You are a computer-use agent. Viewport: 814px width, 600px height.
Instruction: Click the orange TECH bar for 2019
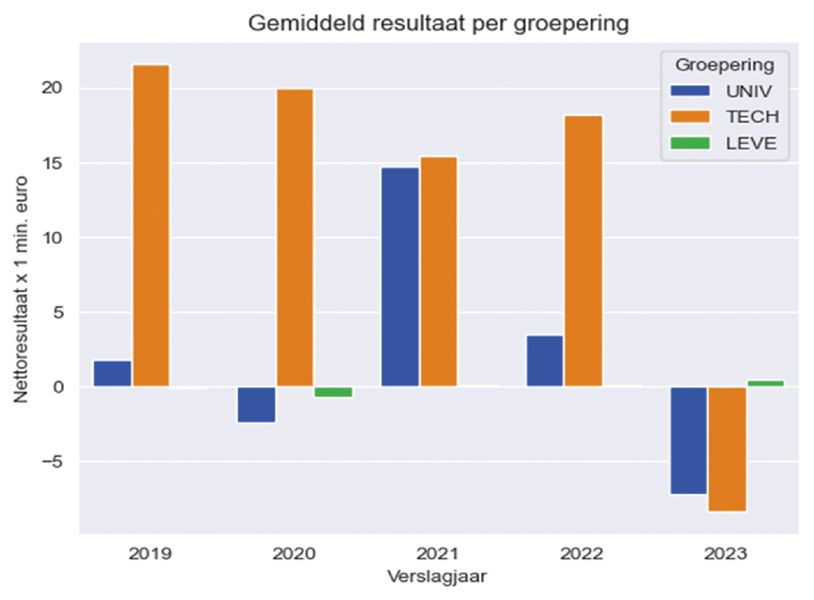[150, 226]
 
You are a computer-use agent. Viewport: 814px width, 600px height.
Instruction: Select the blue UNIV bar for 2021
[400, 276]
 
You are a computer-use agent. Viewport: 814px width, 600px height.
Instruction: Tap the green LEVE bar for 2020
[333, 392]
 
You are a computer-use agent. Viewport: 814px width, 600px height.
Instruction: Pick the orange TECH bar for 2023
[727, 449]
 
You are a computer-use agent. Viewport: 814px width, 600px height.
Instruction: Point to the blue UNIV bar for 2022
[545, 361]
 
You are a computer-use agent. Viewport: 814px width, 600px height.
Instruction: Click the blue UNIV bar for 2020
[256, 404]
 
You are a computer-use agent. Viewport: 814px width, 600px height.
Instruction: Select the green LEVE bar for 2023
[765, 383]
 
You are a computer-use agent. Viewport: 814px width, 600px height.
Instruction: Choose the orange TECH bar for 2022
[583, 251]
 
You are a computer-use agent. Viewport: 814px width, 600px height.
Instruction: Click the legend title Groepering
[724, 65]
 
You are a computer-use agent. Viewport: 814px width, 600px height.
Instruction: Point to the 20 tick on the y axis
[52, 88]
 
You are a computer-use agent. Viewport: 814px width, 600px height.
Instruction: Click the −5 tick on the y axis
[52, 462]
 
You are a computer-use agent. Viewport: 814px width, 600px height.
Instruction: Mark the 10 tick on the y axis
[52, 238]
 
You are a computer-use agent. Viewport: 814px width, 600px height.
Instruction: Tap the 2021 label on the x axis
[437, 554]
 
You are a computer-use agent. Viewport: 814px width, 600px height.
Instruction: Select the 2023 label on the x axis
[726, 554]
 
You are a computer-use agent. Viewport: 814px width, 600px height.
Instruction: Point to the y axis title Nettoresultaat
[21, 289]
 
